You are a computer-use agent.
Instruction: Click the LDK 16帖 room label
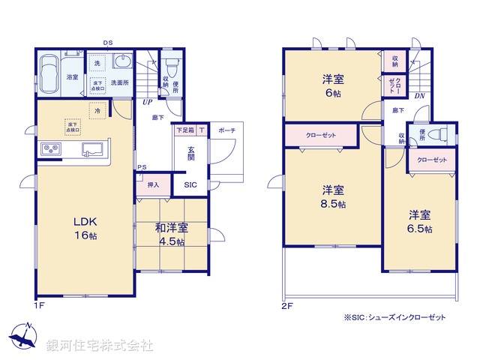[84, 228]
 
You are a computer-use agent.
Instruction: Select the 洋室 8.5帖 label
[334, 196]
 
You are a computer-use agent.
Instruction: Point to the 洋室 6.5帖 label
[419, 221]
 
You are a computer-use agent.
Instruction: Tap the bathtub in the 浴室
[49, 75]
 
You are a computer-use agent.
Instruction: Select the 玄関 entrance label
[192, 153]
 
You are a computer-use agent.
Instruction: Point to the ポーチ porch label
[226, 130]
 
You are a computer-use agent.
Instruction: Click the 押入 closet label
[153, 184]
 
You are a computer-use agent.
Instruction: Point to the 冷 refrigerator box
[97, 110]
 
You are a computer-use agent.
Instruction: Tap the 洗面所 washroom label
[121, 82]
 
